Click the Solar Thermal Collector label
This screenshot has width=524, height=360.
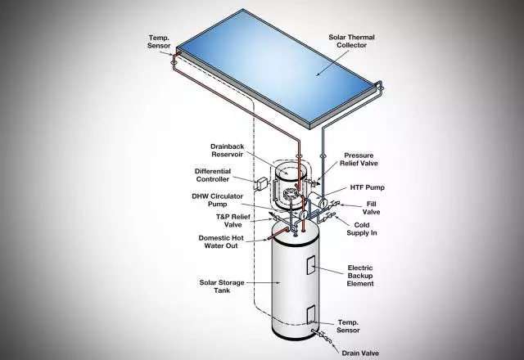tap(351, 41)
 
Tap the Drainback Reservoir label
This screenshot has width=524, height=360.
tap(228, 151)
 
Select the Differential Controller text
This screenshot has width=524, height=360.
tap(213, 175)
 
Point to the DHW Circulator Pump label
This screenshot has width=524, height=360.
tap(217, 200)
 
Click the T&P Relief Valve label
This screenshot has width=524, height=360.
tap(233, 221)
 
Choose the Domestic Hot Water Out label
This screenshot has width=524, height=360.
tap(221, 242)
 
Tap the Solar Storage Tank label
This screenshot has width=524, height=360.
tap(222, 286)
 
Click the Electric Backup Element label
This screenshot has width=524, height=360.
tap(360, 276)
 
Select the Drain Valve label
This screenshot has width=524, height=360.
tap(360, 353)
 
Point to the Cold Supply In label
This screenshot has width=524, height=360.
tap(362, 229)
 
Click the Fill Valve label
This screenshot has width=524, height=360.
tap(371, 208)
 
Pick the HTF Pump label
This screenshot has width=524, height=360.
tap(368, 187)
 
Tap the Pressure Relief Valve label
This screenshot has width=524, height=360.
tap(359, 160)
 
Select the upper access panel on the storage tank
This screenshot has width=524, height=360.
tap(311, 265)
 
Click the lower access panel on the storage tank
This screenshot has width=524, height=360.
tap(311, 314)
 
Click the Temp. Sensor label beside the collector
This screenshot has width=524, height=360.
tap(159, 42)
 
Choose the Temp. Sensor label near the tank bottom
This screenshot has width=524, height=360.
tap(348, 326)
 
